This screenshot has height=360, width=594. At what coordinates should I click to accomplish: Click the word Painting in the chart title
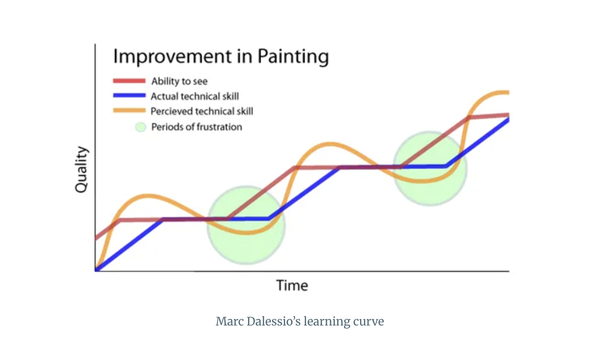(293, 57)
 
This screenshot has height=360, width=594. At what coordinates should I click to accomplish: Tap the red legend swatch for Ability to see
(129, 81)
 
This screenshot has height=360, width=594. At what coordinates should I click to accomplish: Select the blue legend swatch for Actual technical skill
(129, 96)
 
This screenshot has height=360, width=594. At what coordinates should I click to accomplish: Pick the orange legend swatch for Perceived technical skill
(129, 110)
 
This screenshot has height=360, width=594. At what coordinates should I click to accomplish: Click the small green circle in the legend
(140, 127)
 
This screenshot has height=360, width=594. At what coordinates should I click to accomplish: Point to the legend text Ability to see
(179, 81)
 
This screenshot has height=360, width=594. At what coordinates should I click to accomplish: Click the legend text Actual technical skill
(195, 96)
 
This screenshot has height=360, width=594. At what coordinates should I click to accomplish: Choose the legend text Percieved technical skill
(202, 111)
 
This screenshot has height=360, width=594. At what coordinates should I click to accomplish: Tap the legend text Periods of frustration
(197, 127)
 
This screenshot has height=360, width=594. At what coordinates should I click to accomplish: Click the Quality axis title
(81, 169)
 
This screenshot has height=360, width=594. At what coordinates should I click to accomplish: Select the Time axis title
(292, 286)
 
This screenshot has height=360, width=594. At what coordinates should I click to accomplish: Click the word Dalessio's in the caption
(273, 321)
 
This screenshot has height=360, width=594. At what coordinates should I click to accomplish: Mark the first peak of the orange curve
(147, 196)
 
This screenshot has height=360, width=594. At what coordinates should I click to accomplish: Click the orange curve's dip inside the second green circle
(422, 182)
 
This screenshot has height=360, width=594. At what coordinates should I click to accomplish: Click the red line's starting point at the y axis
(96, 238)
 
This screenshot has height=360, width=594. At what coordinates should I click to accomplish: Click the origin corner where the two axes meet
(95, 271)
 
